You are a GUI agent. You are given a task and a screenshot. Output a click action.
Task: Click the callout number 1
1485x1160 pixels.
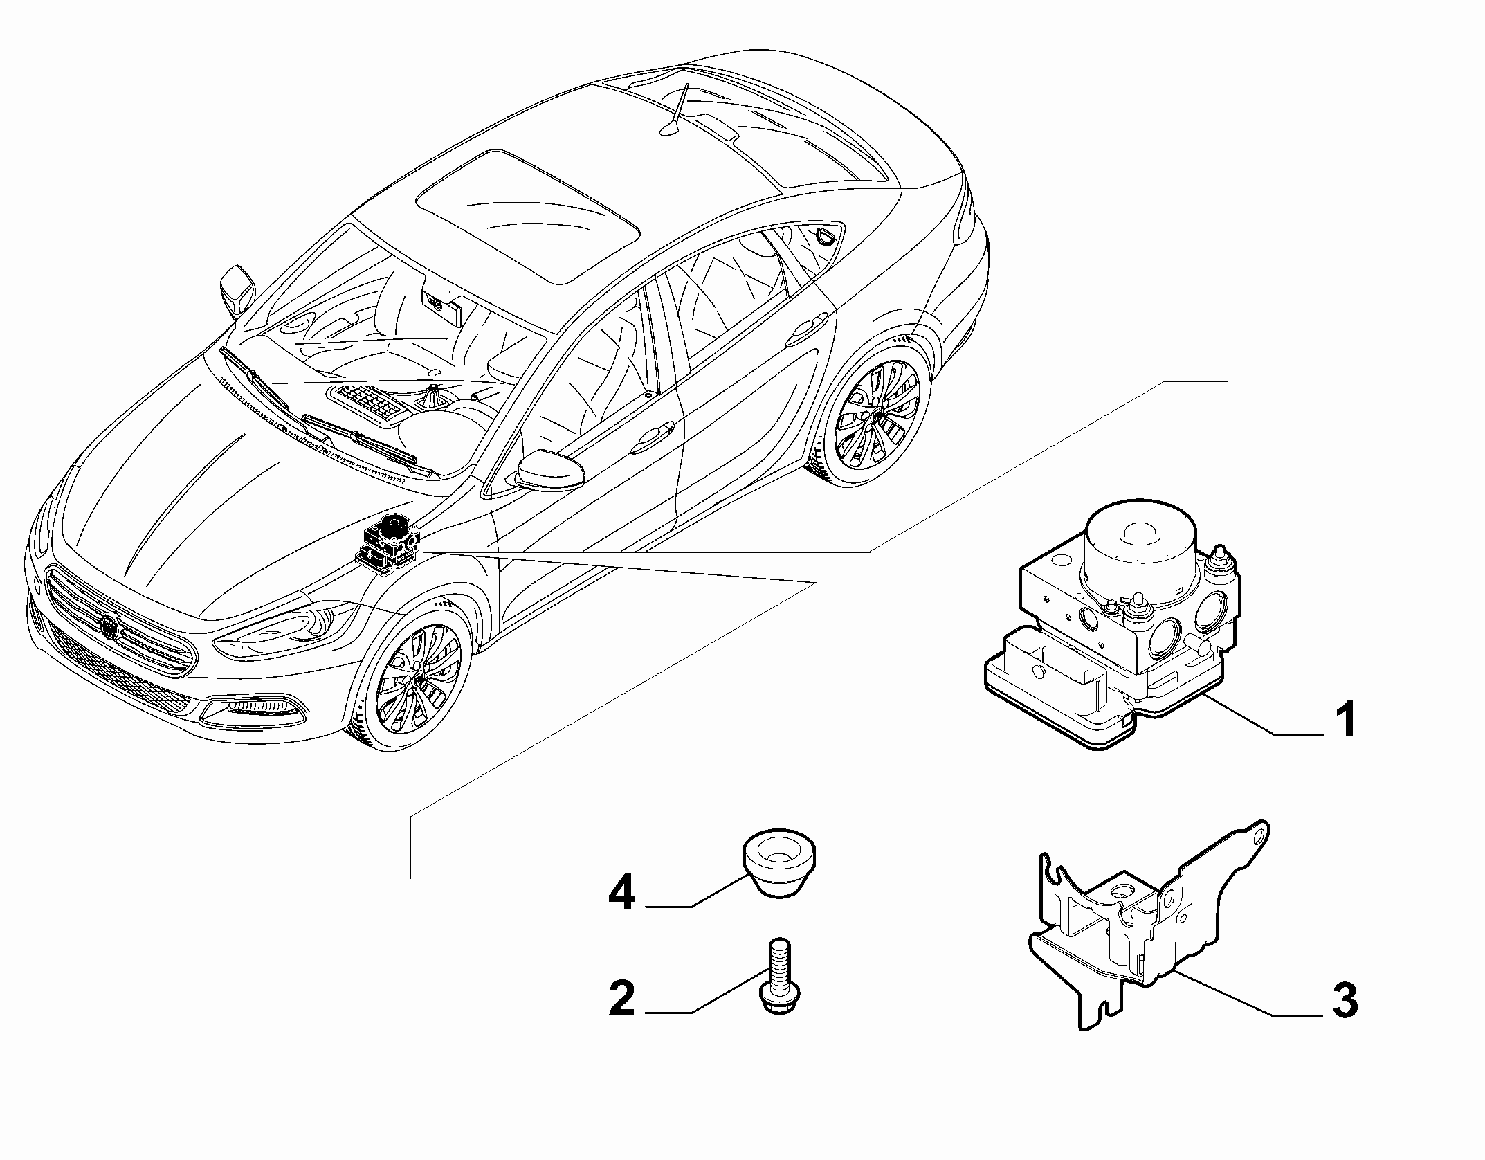[x=1345, y=720]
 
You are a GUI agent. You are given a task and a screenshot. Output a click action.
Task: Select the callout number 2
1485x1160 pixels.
[x=621, y=997]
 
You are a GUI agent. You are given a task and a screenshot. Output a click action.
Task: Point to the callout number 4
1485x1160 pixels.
[x=621, y=894]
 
